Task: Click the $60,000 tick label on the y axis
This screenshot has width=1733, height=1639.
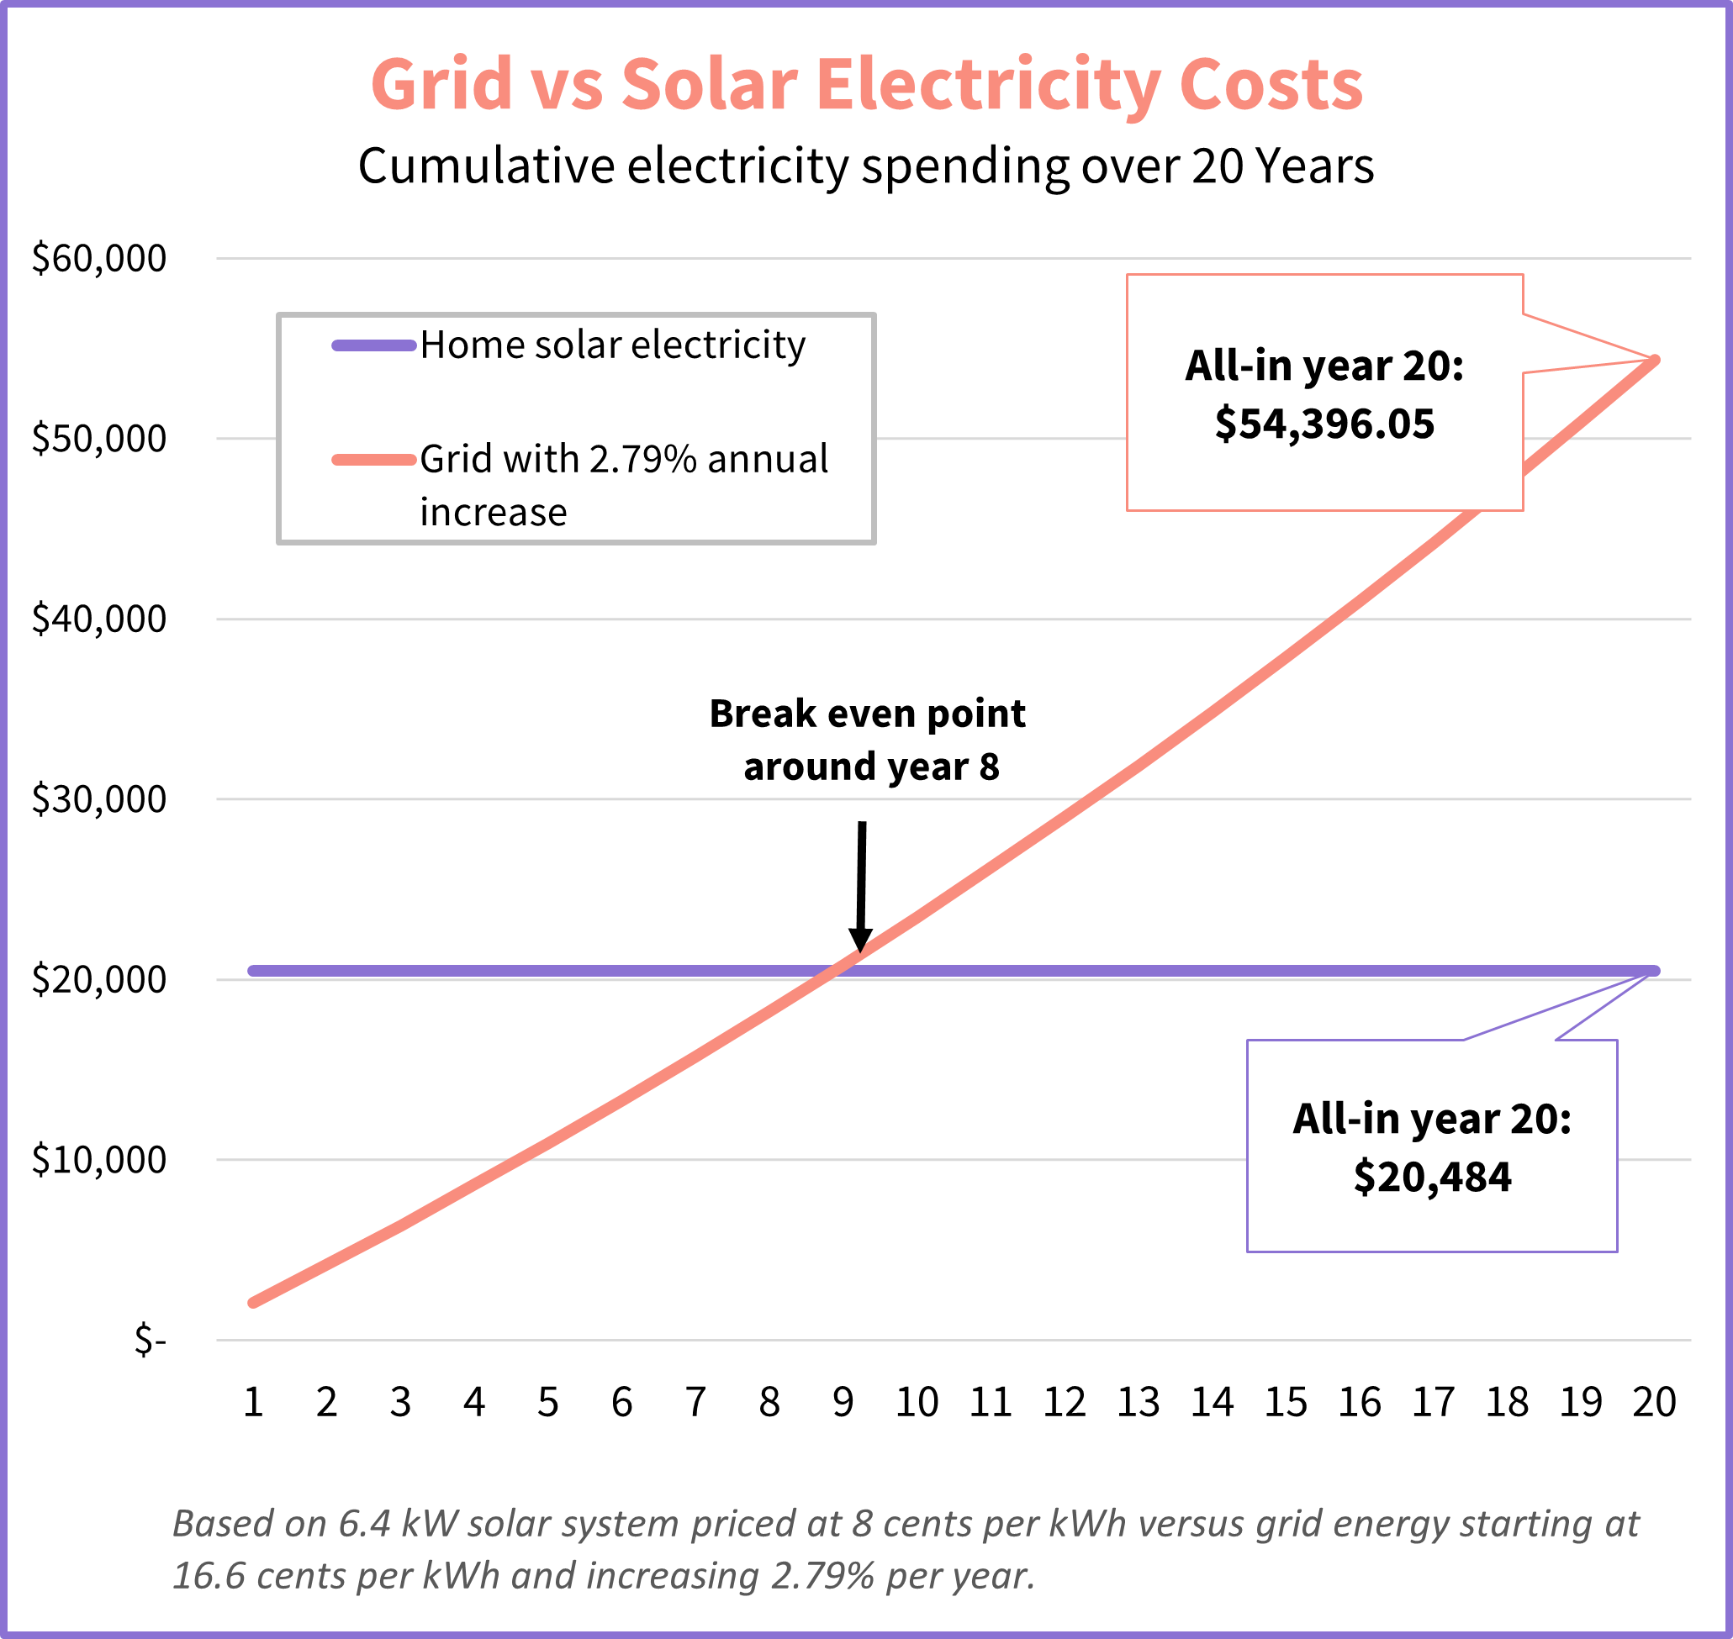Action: click(98, 259)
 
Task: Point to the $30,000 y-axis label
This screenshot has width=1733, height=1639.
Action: click(98, 798)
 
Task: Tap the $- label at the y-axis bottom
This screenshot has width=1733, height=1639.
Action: click(150, 1339)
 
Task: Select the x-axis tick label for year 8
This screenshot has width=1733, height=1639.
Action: click(769, 1403)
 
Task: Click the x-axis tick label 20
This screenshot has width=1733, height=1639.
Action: click(1653, 1403)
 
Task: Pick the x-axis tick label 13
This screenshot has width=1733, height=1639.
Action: click(1138, 1403)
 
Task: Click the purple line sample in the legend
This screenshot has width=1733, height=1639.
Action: click(373, 346)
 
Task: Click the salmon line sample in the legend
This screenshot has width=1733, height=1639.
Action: click(373, 461)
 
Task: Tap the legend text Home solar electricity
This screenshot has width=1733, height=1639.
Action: click(612, 346)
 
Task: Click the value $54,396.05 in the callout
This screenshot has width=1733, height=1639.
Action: click(1324, 424)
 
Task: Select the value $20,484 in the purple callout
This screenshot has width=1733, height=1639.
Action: click(1431, 1177)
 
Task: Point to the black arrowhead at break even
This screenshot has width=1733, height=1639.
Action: click(860, 940)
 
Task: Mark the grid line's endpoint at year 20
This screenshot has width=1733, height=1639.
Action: click(1654, 360)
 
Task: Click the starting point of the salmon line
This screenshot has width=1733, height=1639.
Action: click(253, 1303)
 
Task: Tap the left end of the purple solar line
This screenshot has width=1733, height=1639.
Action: click(253, 971)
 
